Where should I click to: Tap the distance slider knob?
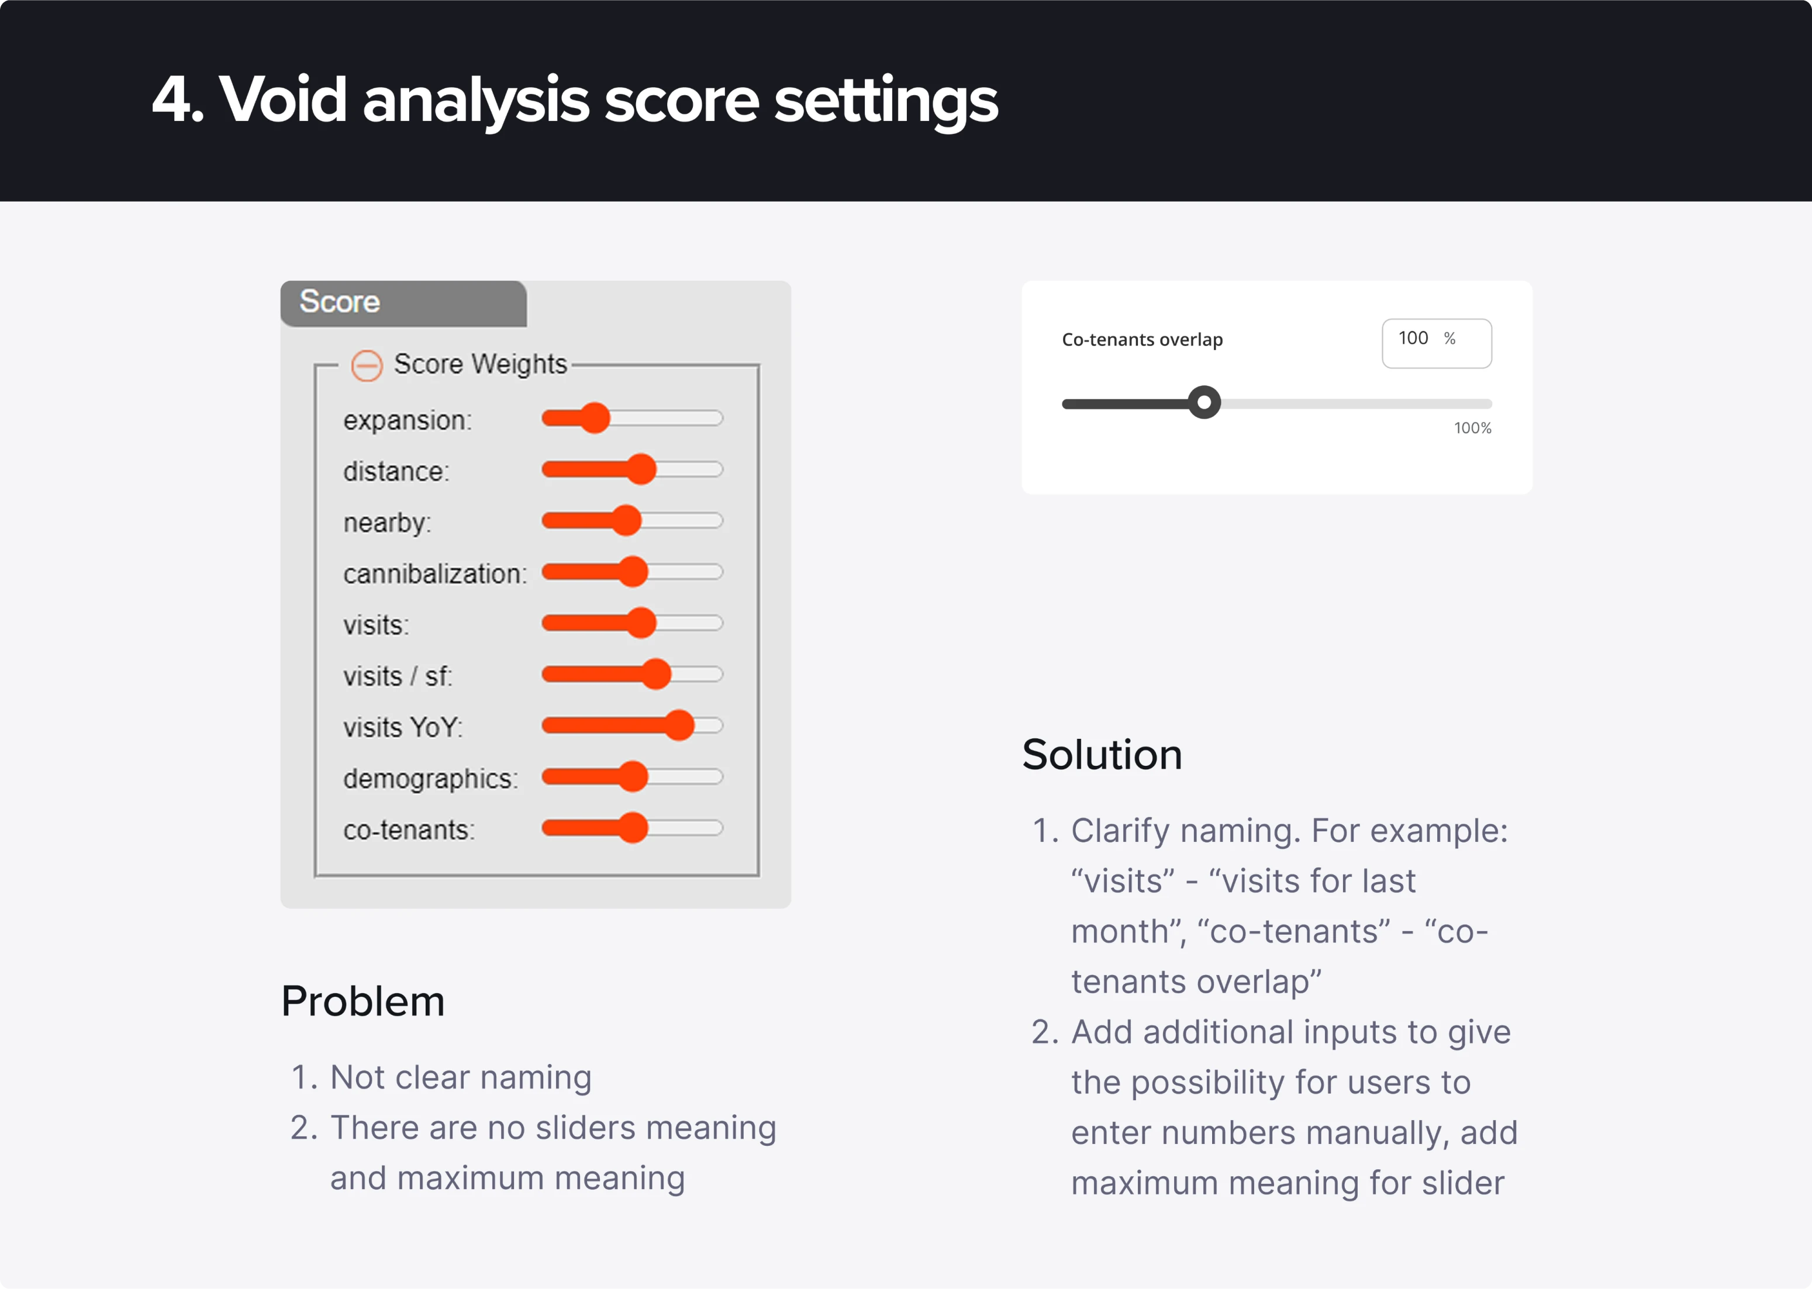[x=640, y=469]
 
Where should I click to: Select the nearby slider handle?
[x=626, y=521]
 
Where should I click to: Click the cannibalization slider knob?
[x=633, y=572]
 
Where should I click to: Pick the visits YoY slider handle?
[x=679, y=725]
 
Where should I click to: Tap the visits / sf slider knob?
[x=655, y=674]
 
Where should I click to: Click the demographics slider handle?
[x=633, y=776]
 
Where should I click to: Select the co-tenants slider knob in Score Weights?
[x=633, y=828]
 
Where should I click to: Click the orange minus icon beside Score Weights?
[x=367, y=365]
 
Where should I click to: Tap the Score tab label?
[x=340, y=302]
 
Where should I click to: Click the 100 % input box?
[x=1436, y=343]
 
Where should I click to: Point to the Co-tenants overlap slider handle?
[x=1204, y=402]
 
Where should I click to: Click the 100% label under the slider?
[x=1472, y=428]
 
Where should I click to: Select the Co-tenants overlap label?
[x=1142, y=340]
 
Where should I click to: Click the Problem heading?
[x=363, y=1001]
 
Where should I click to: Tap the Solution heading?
[x=1102, y=754]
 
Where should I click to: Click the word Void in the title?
[x=282, y=100]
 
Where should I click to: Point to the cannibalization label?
[x=435, y=574]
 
